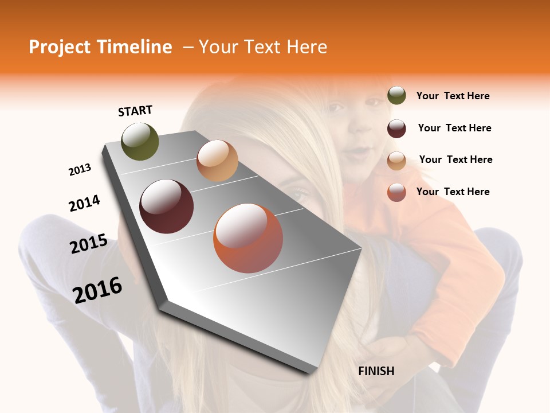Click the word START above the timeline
click(x=135, y=111)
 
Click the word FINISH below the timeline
click(x=376, y=371)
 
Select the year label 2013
click(x=80, y=170)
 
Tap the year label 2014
click(x=84, y=203)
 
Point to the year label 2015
click(x=88, y=244)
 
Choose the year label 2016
click(x=97, y=290)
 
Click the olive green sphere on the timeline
click(x=140, y=141)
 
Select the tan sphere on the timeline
click(x=217, y=161)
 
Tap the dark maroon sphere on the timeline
click(x=166, y=206)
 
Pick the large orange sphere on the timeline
click(x=248, y=238)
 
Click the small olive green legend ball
click(x=396, y=95)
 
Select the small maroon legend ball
click(x=396, y=128)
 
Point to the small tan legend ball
click(x=396, y=161)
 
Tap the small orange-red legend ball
click(x=396, y=192)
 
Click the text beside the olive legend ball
click(x=453, y=96)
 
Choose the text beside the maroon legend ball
click(x=454, y=128)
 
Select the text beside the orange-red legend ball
click(x=453, y=192)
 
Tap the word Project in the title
click(x=58, y=47)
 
